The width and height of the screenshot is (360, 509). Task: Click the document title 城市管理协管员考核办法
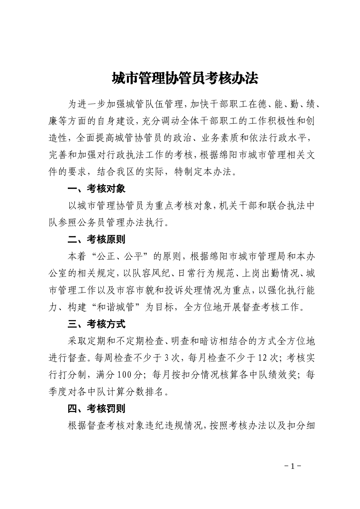tap(185, 78)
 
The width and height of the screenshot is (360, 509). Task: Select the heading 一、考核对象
tap(96, 189)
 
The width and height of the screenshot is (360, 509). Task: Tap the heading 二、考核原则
tap(96, 239)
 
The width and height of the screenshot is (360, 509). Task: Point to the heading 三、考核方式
tap(96, 324)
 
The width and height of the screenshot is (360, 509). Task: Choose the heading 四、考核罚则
tap(96, 409)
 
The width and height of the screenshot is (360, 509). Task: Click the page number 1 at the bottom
tap(292, 466)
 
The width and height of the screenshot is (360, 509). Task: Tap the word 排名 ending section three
tap(155, 392)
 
